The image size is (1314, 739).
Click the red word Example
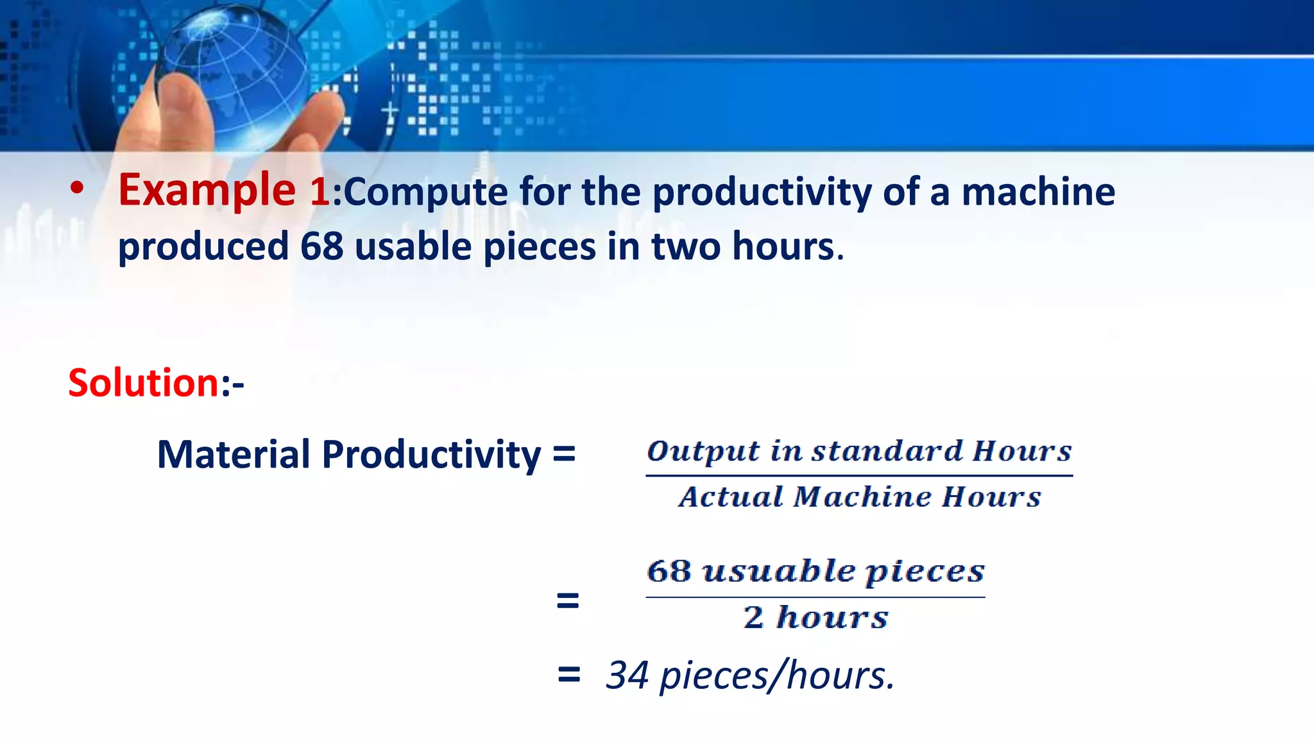click(206, 191)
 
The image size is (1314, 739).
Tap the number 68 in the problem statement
click(321, 246)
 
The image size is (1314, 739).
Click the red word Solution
click(144, 383)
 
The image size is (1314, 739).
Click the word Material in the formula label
click(234, 454)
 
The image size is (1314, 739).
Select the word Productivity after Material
click(431, 455)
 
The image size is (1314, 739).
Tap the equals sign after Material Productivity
click(563, 454)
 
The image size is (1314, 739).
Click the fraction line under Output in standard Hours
click(858, 475)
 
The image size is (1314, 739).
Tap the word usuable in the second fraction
click(778, 571)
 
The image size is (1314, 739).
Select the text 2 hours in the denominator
click(815, 617)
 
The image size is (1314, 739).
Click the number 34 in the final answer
click(627, 675)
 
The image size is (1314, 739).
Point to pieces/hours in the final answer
click(776, 676)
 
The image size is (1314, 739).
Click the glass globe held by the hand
click(237, 71)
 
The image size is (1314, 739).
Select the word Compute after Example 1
click(425, 192)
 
